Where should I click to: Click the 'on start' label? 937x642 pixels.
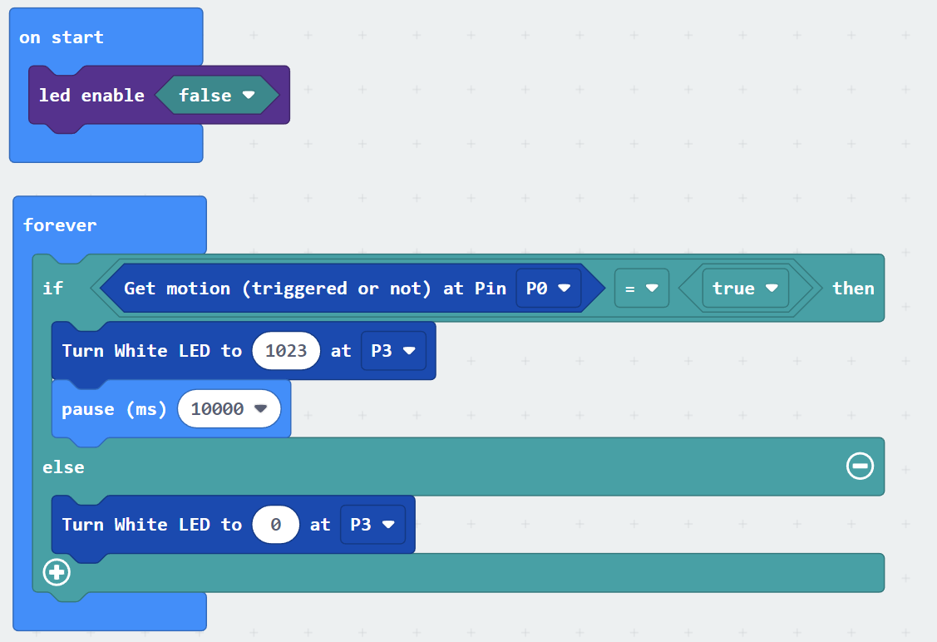(61, 37)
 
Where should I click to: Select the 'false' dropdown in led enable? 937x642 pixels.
(217, 95)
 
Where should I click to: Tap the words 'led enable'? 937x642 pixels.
(91, 96)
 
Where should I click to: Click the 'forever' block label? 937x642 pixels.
(60, 225)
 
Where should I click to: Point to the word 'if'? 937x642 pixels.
(52, 288)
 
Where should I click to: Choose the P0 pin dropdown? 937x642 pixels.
(548, 288)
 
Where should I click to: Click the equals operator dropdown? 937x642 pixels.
(641, 288)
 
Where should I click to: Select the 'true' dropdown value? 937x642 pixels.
(745, 288)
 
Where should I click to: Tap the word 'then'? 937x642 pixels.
(853, 288)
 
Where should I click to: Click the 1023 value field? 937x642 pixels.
(286, 350)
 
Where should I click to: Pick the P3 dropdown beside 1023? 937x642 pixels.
(393, 350)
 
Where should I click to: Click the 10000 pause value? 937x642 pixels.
(229, 409)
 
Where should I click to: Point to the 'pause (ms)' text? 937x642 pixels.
(114, 409)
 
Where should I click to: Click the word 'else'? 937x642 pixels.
(63, 467)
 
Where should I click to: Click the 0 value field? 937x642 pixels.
(275, 524)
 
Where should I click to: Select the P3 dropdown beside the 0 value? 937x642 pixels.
(372, 524)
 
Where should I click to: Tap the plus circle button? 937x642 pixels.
(57, 572)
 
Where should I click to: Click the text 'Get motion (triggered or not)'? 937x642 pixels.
(278, 289)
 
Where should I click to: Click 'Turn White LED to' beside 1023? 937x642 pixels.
(152, 350)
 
